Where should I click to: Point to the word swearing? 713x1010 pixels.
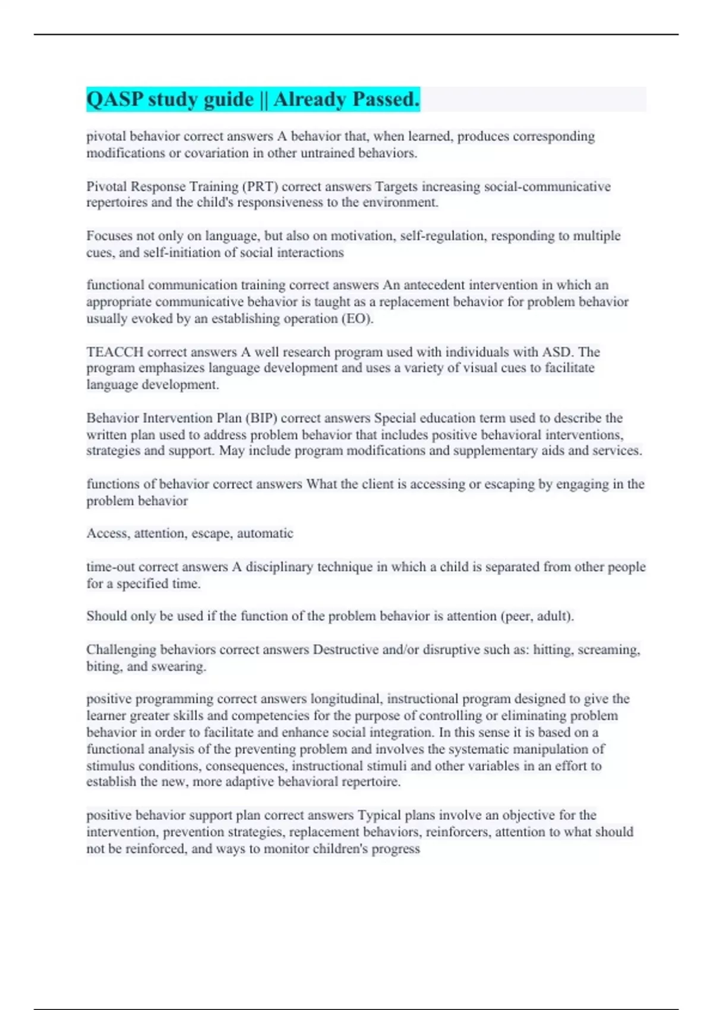[x=179, y=666]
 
